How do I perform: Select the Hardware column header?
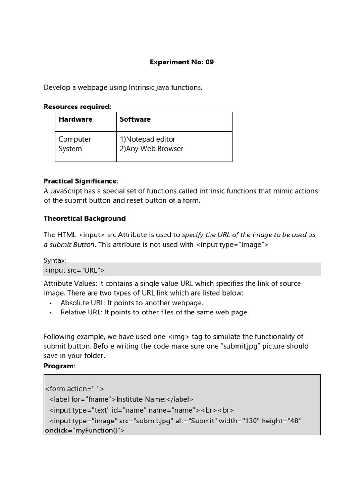click(x=75, y=119)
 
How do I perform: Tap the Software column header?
click(x=135, y=119)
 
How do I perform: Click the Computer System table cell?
click(x=74, y=144)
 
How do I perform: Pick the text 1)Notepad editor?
click(x=147, y=139)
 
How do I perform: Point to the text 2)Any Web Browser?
click(x=151, y=149)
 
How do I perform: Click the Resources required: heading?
click(x=77, y=107)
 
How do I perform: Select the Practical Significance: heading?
click(x=81, y=181)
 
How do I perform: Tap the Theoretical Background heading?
click(x=84, y=218)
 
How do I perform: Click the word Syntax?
click(x=55, y=260)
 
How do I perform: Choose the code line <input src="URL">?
click(x=74, y=270)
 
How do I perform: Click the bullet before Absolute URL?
click(x=51, y=303)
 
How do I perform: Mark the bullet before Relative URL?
click(x=51, y=313)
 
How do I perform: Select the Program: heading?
click(x=59, y=366)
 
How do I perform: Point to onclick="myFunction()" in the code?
click(x=84, y=431)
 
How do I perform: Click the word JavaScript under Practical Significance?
click(x=66, y=191)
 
